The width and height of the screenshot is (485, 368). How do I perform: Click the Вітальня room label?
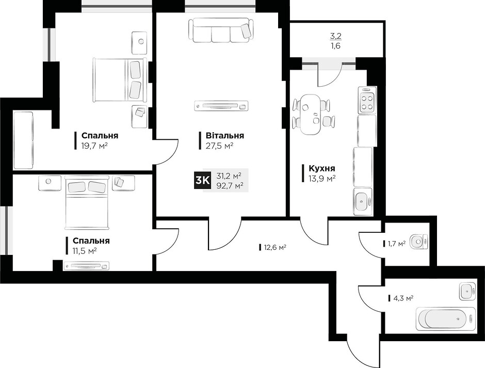coord(225,136)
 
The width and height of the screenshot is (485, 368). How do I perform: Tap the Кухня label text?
coord(321,168)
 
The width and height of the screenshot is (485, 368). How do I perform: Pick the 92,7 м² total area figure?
coord(230,185)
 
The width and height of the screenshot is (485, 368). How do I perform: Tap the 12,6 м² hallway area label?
coord(274,247)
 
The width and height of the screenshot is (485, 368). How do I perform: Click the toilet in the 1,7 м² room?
coord(419,242)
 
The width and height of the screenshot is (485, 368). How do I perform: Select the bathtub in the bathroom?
coord(445,318)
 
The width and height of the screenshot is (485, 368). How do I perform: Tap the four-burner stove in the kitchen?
coord(367,100)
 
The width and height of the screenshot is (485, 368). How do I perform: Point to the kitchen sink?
coord(362,201)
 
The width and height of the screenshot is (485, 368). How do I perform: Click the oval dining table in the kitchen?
coord(312,114)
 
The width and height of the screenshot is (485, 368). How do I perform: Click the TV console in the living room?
coord(221,106)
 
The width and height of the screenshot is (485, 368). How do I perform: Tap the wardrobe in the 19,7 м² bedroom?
coord(23,140)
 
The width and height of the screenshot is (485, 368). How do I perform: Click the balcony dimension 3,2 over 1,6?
coord(336,41)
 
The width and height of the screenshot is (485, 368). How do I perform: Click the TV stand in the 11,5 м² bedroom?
coord(87,266)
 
